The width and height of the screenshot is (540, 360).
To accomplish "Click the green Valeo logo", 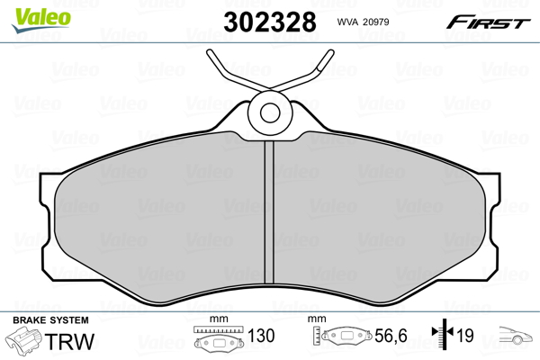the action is pos(41,20).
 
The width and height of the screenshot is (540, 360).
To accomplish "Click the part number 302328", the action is pos(270,22).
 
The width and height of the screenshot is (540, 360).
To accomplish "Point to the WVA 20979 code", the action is pos(363,22).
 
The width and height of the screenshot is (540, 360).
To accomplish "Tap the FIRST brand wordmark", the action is pos(488,22).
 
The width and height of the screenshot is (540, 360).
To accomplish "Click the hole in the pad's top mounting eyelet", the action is pos(270,112).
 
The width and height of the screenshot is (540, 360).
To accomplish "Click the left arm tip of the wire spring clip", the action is pos(210,53).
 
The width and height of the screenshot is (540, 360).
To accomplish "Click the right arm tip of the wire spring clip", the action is pos(330,53).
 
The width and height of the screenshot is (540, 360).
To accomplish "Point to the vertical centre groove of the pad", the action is pos(269,212).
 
